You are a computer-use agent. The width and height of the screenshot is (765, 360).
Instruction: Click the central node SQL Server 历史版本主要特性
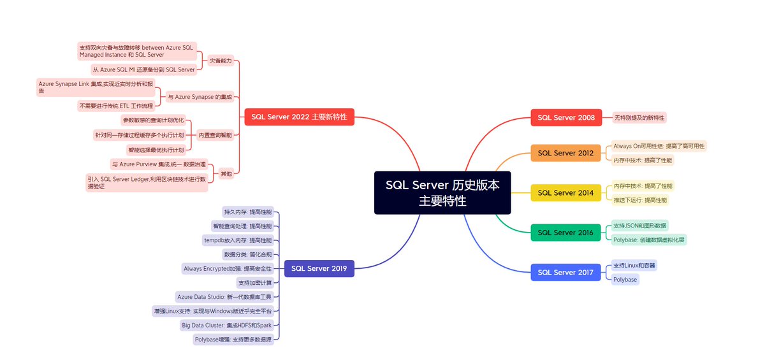coord(442,192)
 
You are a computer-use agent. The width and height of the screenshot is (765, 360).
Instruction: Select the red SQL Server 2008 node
coord(566,117)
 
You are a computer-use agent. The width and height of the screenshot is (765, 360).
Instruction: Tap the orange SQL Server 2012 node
coord(565,153)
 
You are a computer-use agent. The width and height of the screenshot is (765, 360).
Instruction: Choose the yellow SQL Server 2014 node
coord(565,192)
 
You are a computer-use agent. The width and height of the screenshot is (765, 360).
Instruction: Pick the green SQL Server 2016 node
coord(565,233)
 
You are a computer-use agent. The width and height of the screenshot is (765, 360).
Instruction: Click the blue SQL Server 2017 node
coord(565,272)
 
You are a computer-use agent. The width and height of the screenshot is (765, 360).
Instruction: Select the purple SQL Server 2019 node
coord(319,269)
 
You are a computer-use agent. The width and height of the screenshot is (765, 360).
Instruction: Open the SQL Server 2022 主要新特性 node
coord(300,117)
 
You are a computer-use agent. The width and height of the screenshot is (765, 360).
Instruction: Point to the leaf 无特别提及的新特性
coord(639,117)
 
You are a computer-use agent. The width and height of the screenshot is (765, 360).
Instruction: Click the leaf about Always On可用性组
coord(659,146)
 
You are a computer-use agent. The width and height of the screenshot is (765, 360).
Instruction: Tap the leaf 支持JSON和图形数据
coord(640,226)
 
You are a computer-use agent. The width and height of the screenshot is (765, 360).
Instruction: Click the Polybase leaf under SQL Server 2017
coord(625,279)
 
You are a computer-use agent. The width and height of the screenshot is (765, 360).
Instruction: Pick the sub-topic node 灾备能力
coord(221,61)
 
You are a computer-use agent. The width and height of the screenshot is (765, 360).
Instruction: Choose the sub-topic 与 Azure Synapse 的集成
coord(199,97)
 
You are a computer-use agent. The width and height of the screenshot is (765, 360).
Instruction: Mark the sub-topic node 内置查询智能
coord(215,135)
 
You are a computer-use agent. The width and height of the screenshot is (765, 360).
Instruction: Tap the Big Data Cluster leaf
coord(226,325)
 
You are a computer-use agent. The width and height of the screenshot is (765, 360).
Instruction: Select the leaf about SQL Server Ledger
coord(147,183)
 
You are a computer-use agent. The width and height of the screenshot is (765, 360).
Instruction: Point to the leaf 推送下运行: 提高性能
coord(640,200)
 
